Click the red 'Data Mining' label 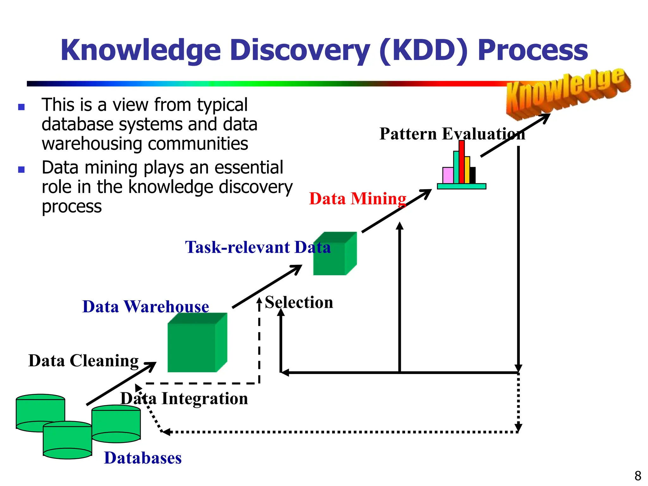tap(358, 199)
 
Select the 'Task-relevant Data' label tap(258, 247)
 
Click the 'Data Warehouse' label tap(146, 307)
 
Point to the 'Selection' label tap(299, 302)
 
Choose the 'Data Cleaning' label tap(83, 361)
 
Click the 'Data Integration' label tap(184, 398)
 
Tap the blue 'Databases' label tap(143, 458)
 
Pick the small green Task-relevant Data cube tap(334, 255)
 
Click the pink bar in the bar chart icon tap(448, 175)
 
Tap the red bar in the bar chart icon tap(462, 162)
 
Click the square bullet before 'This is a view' tap(22, 107)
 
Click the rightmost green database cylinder tap(116, 424)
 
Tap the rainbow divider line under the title tap(253, 84)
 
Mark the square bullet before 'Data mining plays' tap(22, 170)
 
